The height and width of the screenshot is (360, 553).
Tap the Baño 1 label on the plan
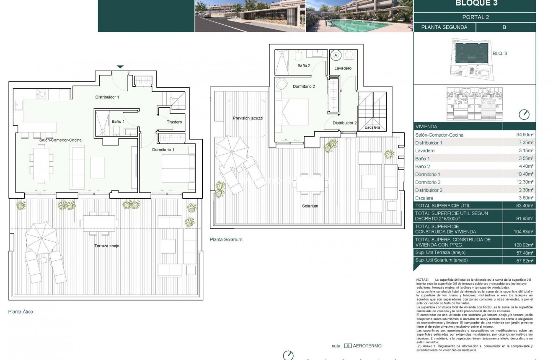(x=118, y=122)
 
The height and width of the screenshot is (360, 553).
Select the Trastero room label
(x=174, y=122)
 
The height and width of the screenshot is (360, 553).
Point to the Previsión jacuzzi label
(x=248, y=118)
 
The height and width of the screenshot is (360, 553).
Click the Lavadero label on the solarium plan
(x=343, y=68)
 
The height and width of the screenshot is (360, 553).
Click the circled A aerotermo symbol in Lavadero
(x=336, y=55)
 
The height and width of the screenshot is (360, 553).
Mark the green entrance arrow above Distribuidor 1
(x=120, y=67)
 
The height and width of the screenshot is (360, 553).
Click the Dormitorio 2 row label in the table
(x=428, y=182)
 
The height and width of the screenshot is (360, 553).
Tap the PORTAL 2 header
(x=475, y=17)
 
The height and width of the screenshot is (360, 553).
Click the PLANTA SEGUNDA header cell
(x=444, y=27)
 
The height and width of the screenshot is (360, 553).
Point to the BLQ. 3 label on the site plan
(x=500, y=54)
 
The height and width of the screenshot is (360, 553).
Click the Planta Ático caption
(x=21, y=312)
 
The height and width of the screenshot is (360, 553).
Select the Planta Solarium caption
(x=226, y=240)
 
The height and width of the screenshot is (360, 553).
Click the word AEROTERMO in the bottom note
(x=367, y=346)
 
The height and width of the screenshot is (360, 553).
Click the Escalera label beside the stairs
(x=372, y=127)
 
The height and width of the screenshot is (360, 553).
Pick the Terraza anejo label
(x=106, y=246)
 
